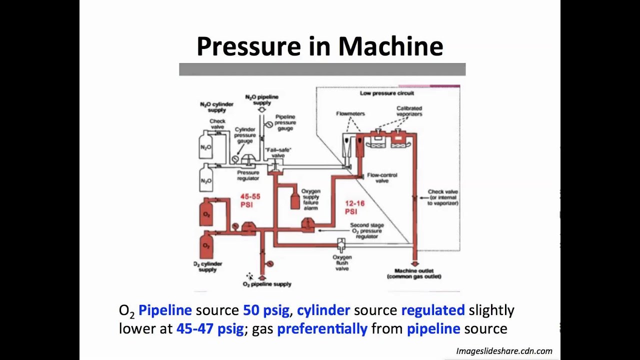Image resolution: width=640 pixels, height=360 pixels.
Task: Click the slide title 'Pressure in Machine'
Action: click(x=320, y=46)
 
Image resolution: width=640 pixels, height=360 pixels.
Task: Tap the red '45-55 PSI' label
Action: click(x=250, y=200)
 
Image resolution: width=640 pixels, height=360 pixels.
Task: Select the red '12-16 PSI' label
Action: click(x=354, y=207)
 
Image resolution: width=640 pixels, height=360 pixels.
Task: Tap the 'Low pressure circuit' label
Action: click(x=386, y=93)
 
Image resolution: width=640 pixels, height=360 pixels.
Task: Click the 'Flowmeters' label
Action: click(x=350, y=113)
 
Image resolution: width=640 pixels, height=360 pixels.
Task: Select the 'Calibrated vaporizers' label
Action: click(x=409, y=111)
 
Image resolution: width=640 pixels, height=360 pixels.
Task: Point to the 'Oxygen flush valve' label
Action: click(x=341, y=262)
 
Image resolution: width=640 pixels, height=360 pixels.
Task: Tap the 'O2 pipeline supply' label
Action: click(x=267, y=284)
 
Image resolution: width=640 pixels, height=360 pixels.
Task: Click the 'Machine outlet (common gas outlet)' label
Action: click(x=414, y=273)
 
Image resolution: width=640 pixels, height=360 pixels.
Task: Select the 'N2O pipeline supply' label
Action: click(x=261, y=99)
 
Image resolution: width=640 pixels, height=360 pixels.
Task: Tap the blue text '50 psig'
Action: click(x=266, y=310)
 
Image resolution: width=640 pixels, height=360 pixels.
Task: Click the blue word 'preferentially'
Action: click(x=322, y=328)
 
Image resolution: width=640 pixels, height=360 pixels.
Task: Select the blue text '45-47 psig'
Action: click(x=210, y=328)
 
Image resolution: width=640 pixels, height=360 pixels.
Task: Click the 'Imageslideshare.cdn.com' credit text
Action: click(x=504, y=351)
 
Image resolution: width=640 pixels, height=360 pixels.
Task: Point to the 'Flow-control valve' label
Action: click(x=382, y=178)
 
